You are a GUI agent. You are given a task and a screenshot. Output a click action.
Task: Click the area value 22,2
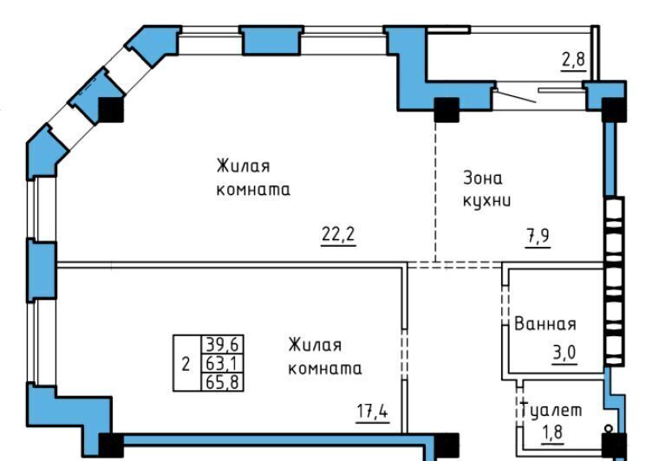(x=338, y=235)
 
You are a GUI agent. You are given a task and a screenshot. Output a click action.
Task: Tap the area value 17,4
(x=373, y=412)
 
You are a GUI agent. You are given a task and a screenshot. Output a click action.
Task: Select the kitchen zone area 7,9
(x=538, y=237)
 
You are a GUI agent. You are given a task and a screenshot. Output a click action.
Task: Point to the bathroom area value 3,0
(x=564, y=353)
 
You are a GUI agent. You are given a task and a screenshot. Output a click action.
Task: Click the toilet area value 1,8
(x=552, y=432)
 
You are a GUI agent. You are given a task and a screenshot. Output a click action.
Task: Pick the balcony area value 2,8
(x=574, y=60)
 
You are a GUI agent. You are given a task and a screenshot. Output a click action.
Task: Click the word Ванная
(x=545, y=324)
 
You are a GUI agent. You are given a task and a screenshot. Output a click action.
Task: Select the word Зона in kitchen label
(x=483, y=178)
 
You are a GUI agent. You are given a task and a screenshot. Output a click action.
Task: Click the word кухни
(x=487, y=201)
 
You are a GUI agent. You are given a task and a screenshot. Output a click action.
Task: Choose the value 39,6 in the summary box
(x=223, y=344)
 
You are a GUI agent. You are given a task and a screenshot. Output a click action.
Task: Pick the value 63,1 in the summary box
(x=223, y=363)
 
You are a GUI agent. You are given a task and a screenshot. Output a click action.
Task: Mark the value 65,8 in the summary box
(x=223, y=381)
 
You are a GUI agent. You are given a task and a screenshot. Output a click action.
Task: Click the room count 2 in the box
(x=186, y=364)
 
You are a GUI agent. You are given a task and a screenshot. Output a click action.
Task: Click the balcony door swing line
(x=516, y=96)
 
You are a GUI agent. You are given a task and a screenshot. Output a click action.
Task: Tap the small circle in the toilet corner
(x=609, y=427)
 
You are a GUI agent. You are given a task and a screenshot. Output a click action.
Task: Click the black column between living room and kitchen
(x=447, y=110)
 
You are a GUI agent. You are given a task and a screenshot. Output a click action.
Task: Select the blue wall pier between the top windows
(x=272, y=40)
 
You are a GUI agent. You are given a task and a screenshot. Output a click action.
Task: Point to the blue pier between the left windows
(x=42, y=269)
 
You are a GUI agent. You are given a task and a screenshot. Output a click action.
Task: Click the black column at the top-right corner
(x=614, y=110)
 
